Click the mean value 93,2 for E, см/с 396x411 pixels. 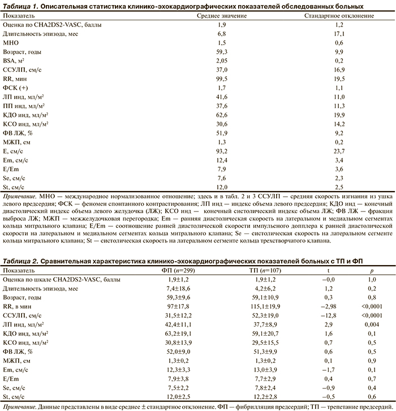click(x=222, y=151)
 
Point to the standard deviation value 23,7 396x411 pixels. click(x=339, y=151)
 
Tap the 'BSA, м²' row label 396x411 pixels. click(x=16, y=59)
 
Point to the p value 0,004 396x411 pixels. click(x=356, y=325)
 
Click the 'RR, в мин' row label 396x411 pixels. click(x=19, y=306)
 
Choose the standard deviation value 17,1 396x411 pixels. click(x=339, y=33)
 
